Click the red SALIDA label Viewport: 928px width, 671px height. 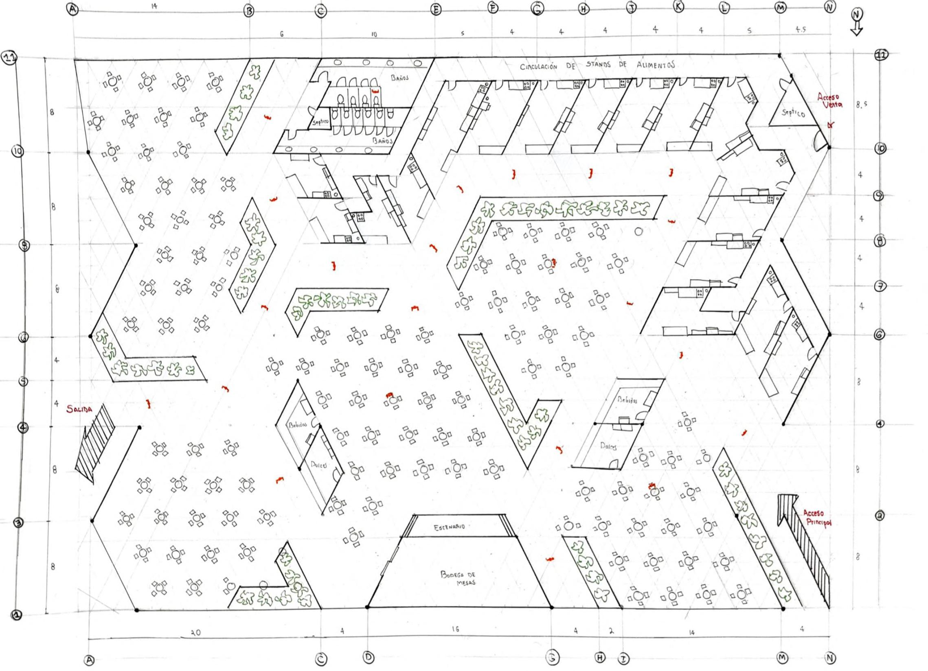point(80,409)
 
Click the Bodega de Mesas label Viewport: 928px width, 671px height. point(458,578)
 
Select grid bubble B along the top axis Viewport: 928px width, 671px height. point(249,11)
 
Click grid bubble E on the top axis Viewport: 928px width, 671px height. point(437,10)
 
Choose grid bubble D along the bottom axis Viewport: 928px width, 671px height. point(369,657)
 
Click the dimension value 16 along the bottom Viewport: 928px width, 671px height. point(455,629)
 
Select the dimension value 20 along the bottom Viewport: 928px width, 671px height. point(196,633)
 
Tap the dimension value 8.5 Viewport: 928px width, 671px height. point(861,105)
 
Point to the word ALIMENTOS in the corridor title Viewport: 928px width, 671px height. point(655,65)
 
